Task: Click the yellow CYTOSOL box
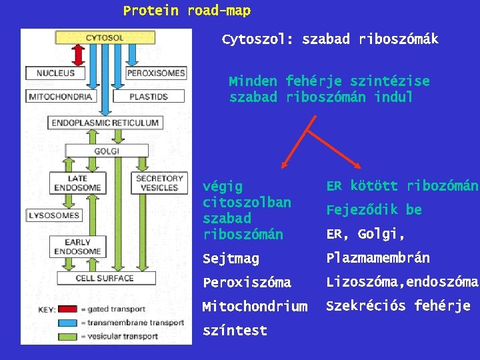pos(105,38)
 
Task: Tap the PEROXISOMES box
pos(156,72)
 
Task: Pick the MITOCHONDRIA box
pos(60,97)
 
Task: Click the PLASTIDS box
pos(148,97)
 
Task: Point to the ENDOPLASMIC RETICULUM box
pos(105,123)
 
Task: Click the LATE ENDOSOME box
pos(78,183)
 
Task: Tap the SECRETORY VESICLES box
pos(159,183)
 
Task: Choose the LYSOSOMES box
pos(54,215)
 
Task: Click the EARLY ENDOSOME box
pos(78,247)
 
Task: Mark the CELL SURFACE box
pos(105,278)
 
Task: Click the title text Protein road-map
pos(187,11)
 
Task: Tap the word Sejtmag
pos(231,259)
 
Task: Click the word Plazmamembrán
pos(377,258)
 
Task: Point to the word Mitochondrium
pos(255,307)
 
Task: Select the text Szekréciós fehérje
pos(398,306)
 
